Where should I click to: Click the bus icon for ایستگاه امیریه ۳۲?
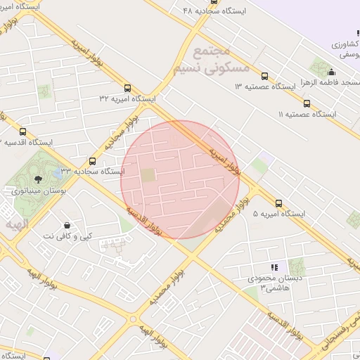pos(127,89)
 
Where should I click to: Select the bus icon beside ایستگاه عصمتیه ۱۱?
pos(307,103)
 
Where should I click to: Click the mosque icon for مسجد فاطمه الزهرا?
pos(331,71)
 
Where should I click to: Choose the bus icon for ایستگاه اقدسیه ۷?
pos(23,131)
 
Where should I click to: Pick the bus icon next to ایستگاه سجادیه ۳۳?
pos(92,161)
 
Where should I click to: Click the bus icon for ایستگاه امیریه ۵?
pos(279,203)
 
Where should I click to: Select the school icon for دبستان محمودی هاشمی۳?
pos(274,267)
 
